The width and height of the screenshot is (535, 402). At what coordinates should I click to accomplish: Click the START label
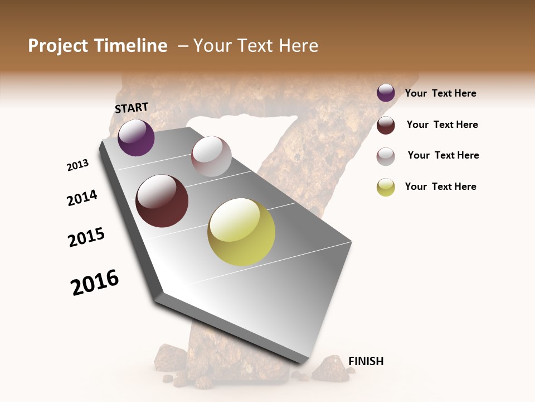click(x=132, y=108)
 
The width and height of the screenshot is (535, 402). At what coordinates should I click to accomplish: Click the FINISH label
click(x=366, y=361)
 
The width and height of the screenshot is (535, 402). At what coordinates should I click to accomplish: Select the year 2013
click(x=77, y=165)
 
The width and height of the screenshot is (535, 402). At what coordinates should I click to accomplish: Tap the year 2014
click(x=82, y=198)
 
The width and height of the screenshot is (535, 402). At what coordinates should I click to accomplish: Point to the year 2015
click(x=86, y=237)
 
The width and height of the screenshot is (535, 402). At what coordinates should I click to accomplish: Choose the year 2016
click(x=95, y=283)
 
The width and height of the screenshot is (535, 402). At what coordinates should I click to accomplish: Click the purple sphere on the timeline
click(x=136, y=138)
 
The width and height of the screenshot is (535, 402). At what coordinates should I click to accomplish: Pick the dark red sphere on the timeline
click(x=162, y=201)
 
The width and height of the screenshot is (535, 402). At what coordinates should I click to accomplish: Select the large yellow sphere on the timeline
click(x=241, y=232)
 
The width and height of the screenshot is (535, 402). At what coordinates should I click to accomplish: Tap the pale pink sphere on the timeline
click(x=211, y=156)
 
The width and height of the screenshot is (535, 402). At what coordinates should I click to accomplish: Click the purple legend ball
click(x=386, y=93)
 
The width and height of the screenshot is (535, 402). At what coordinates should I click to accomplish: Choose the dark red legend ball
click(x=386, y=125)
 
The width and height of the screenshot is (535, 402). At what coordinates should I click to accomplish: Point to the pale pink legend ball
click(x=386, y=156)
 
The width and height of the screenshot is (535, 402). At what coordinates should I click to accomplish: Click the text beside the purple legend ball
click(x=440, y=94)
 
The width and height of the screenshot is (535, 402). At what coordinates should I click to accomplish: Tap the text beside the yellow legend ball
click(x=440, y=186)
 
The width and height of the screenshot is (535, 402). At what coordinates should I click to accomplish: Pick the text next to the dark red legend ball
click(x=442, y=125)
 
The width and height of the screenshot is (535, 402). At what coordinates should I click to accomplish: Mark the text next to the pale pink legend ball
click(x=443, y=155)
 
